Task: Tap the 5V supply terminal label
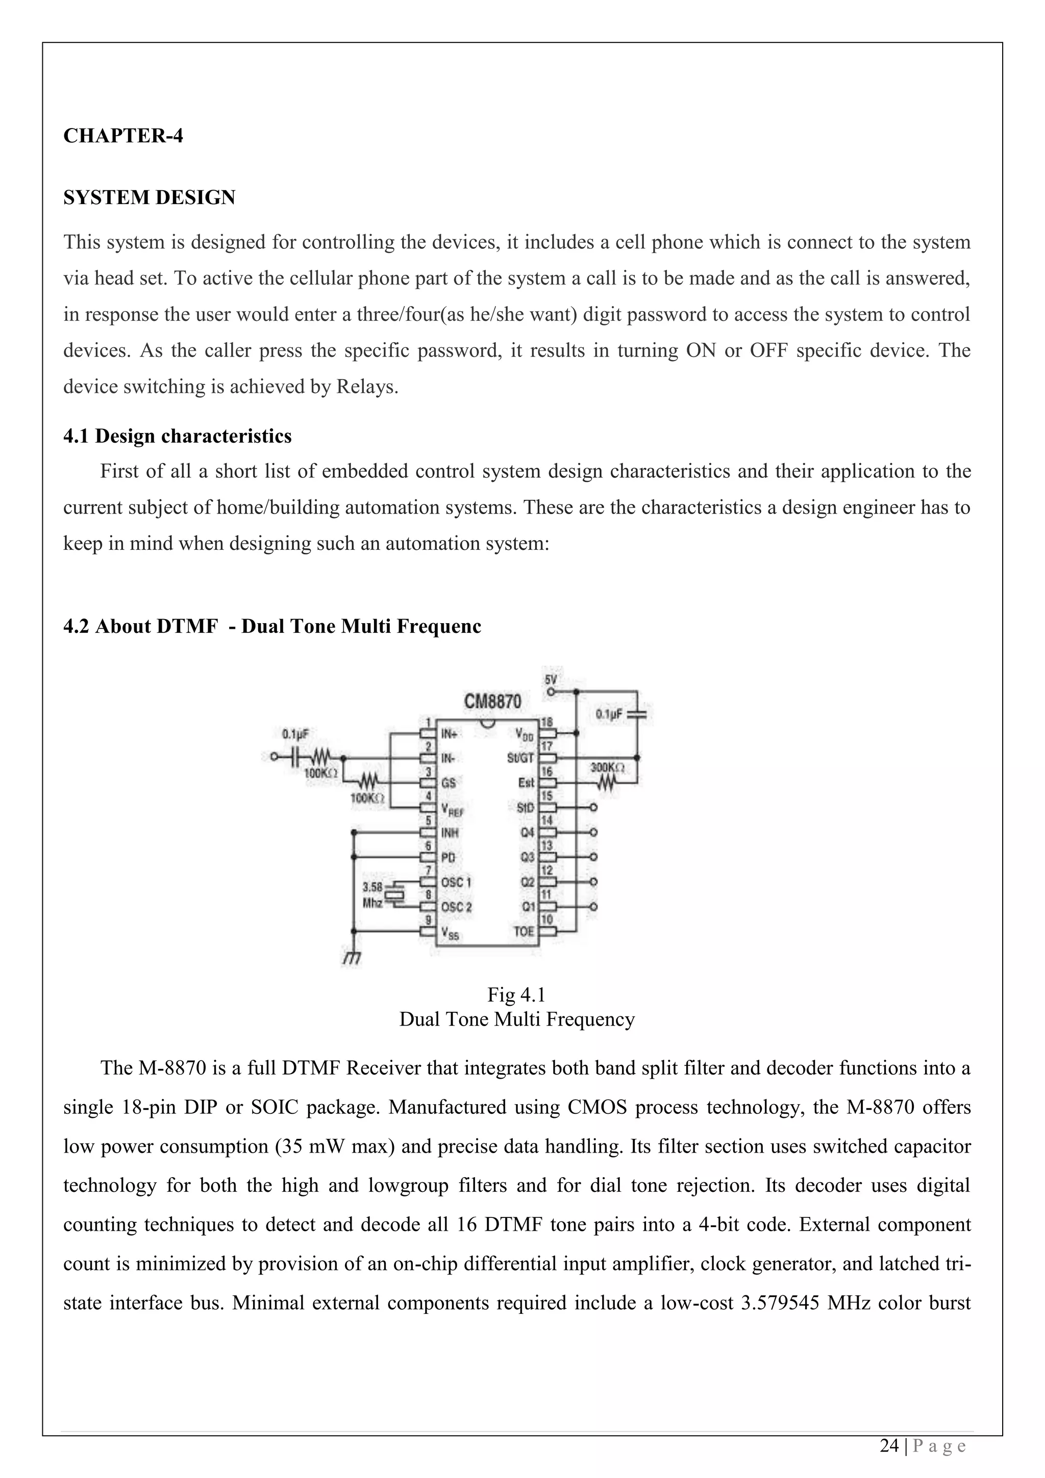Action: (x=551, y=680)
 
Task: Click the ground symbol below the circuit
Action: (x=351, y=959)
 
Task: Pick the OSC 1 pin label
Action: (x=456, y=882)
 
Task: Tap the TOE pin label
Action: (x=524, y=931)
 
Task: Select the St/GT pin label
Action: (x=520, y=758)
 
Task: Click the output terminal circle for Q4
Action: (x=593, y=832)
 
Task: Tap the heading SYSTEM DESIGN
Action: (x=150, y=197)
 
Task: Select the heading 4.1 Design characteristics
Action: (x=177, y=436)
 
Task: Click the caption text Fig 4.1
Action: (x=516, y=995)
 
